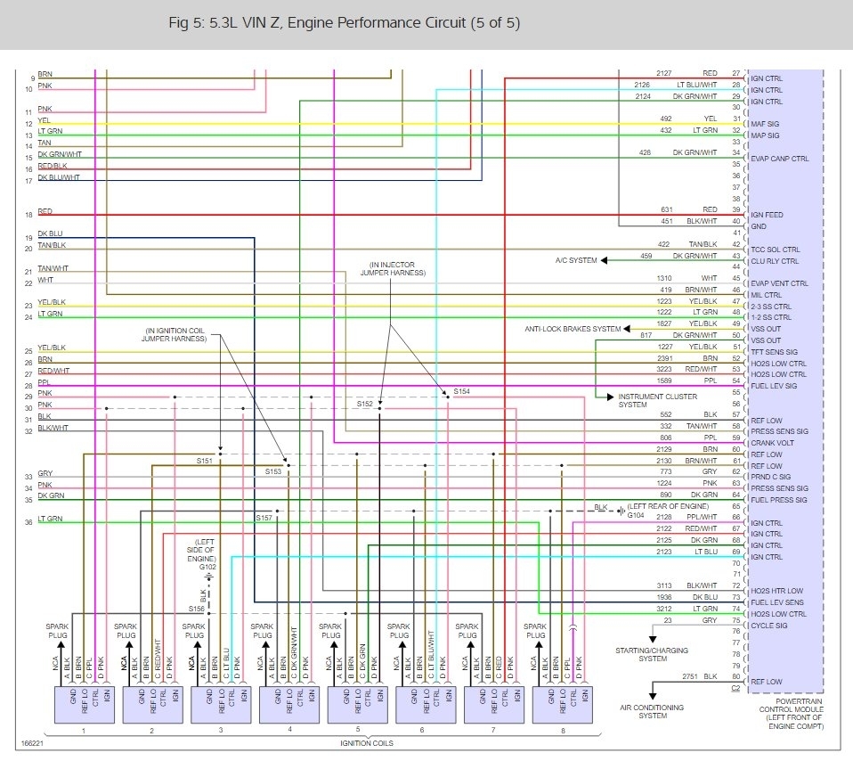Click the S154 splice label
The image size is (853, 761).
[x=461, y=391]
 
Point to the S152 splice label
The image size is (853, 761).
[x=365, y=404]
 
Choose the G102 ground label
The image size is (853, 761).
[x=207, y=567]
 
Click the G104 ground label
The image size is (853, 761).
[x=635, y=515]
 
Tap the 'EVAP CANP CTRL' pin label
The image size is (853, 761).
[x=780, y=159]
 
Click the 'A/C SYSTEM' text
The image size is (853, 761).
[x=575, y=260]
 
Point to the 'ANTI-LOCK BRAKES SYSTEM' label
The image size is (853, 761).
[x=572, y=330]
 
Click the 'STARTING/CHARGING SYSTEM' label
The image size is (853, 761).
[x=653, y=655]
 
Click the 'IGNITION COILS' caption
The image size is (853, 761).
[x=366, y=741]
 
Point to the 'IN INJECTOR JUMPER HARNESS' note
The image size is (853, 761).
[x=393, y=269]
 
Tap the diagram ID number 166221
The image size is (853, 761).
[x=34, y=741]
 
